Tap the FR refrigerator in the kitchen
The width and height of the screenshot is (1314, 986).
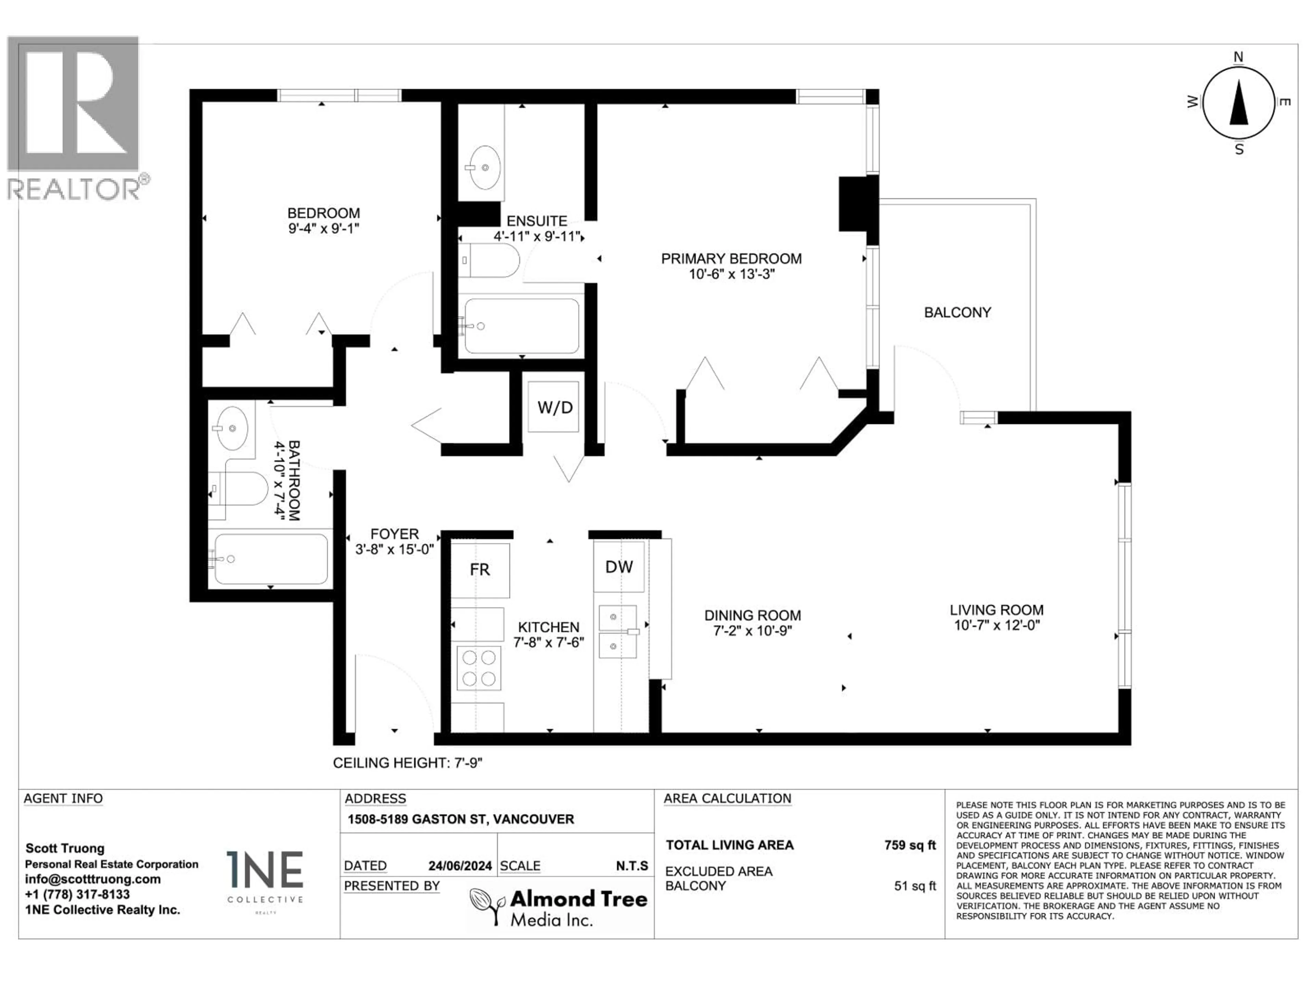point(479,570)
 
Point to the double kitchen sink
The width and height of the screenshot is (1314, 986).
point(617,631)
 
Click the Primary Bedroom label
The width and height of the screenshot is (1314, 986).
point(731,258)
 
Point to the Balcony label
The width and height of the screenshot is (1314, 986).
point(957,313)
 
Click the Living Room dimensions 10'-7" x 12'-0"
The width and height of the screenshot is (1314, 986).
point(997,625)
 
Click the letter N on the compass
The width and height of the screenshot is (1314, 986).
point(1239,57)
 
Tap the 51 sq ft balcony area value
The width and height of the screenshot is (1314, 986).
point(915,886)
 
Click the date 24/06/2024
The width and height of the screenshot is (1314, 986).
point(460,866)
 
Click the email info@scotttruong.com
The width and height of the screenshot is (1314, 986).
point(93,879)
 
